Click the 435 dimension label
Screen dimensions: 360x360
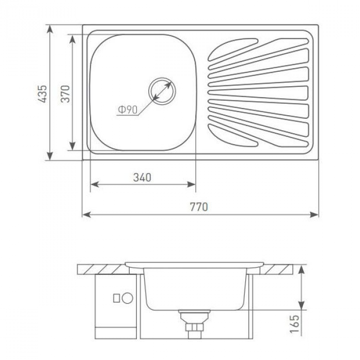(42, 93)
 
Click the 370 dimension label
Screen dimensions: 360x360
(65, 93)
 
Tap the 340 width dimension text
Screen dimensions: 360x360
(143, 178)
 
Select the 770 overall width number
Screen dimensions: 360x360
(199, 207)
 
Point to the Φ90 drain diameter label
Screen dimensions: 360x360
(128, 110)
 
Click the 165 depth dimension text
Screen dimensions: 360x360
(294, 324)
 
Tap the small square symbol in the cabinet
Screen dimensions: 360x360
(117, 299)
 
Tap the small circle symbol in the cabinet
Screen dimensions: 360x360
(128, 298)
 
